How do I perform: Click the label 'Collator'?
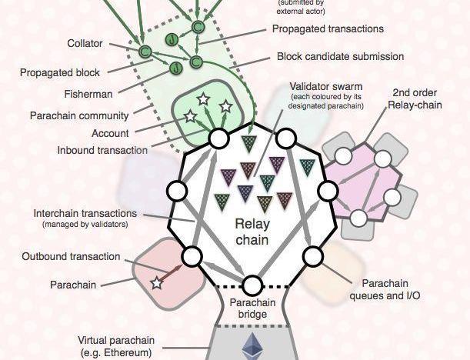[85, 44]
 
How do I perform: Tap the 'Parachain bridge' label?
[252, 307]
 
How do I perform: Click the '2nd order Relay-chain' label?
[417, 98]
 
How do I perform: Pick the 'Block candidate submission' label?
[340, 56]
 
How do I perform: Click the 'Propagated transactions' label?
[328, 28]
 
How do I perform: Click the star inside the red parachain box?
[157, 283]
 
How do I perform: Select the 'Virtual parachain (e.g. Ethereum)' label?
[116, 346]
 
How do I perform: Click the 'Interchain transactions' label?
[85, 213]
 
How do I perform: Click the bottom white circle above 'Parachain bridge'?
[252, 285]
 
